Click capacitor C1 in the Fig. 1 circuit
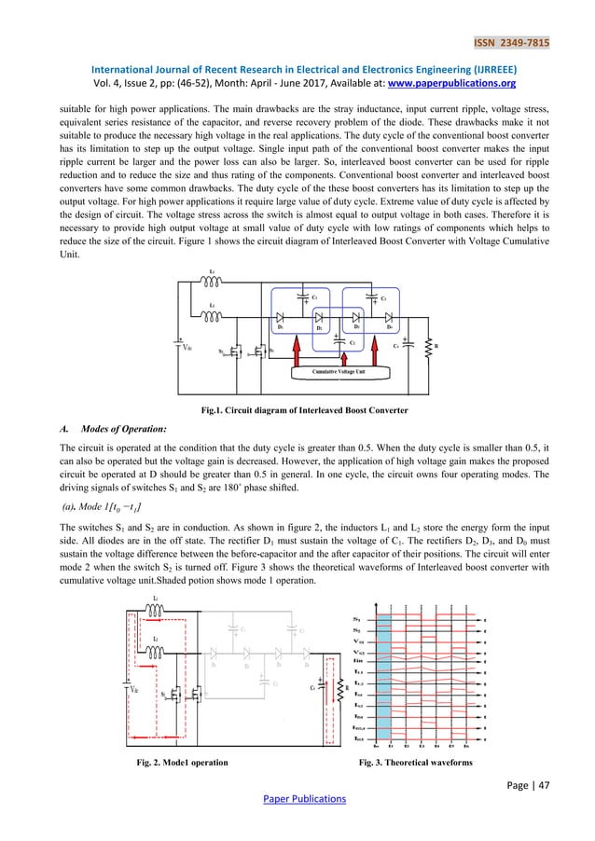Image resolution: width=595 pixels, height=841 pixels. coord(304,297)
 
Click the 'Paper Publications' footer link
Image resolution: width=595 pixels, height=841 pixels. coord(297,798)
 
